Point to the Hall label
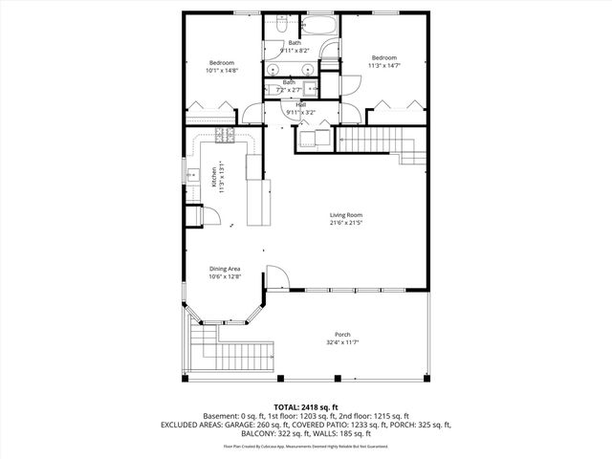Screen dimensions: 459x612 pos(300,104)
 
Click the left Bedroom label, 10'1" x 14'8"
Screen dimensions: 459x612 pos(221,63)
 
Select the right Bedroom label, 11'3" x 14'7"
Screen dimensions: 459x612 pos(383,57)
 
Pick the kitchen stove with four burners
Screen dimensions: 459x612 pos(225,135)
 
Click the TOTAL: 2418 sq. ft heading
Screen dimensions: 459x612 pos(305,406)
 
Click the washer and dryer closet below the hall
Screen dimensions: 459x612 pos(312,139)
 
